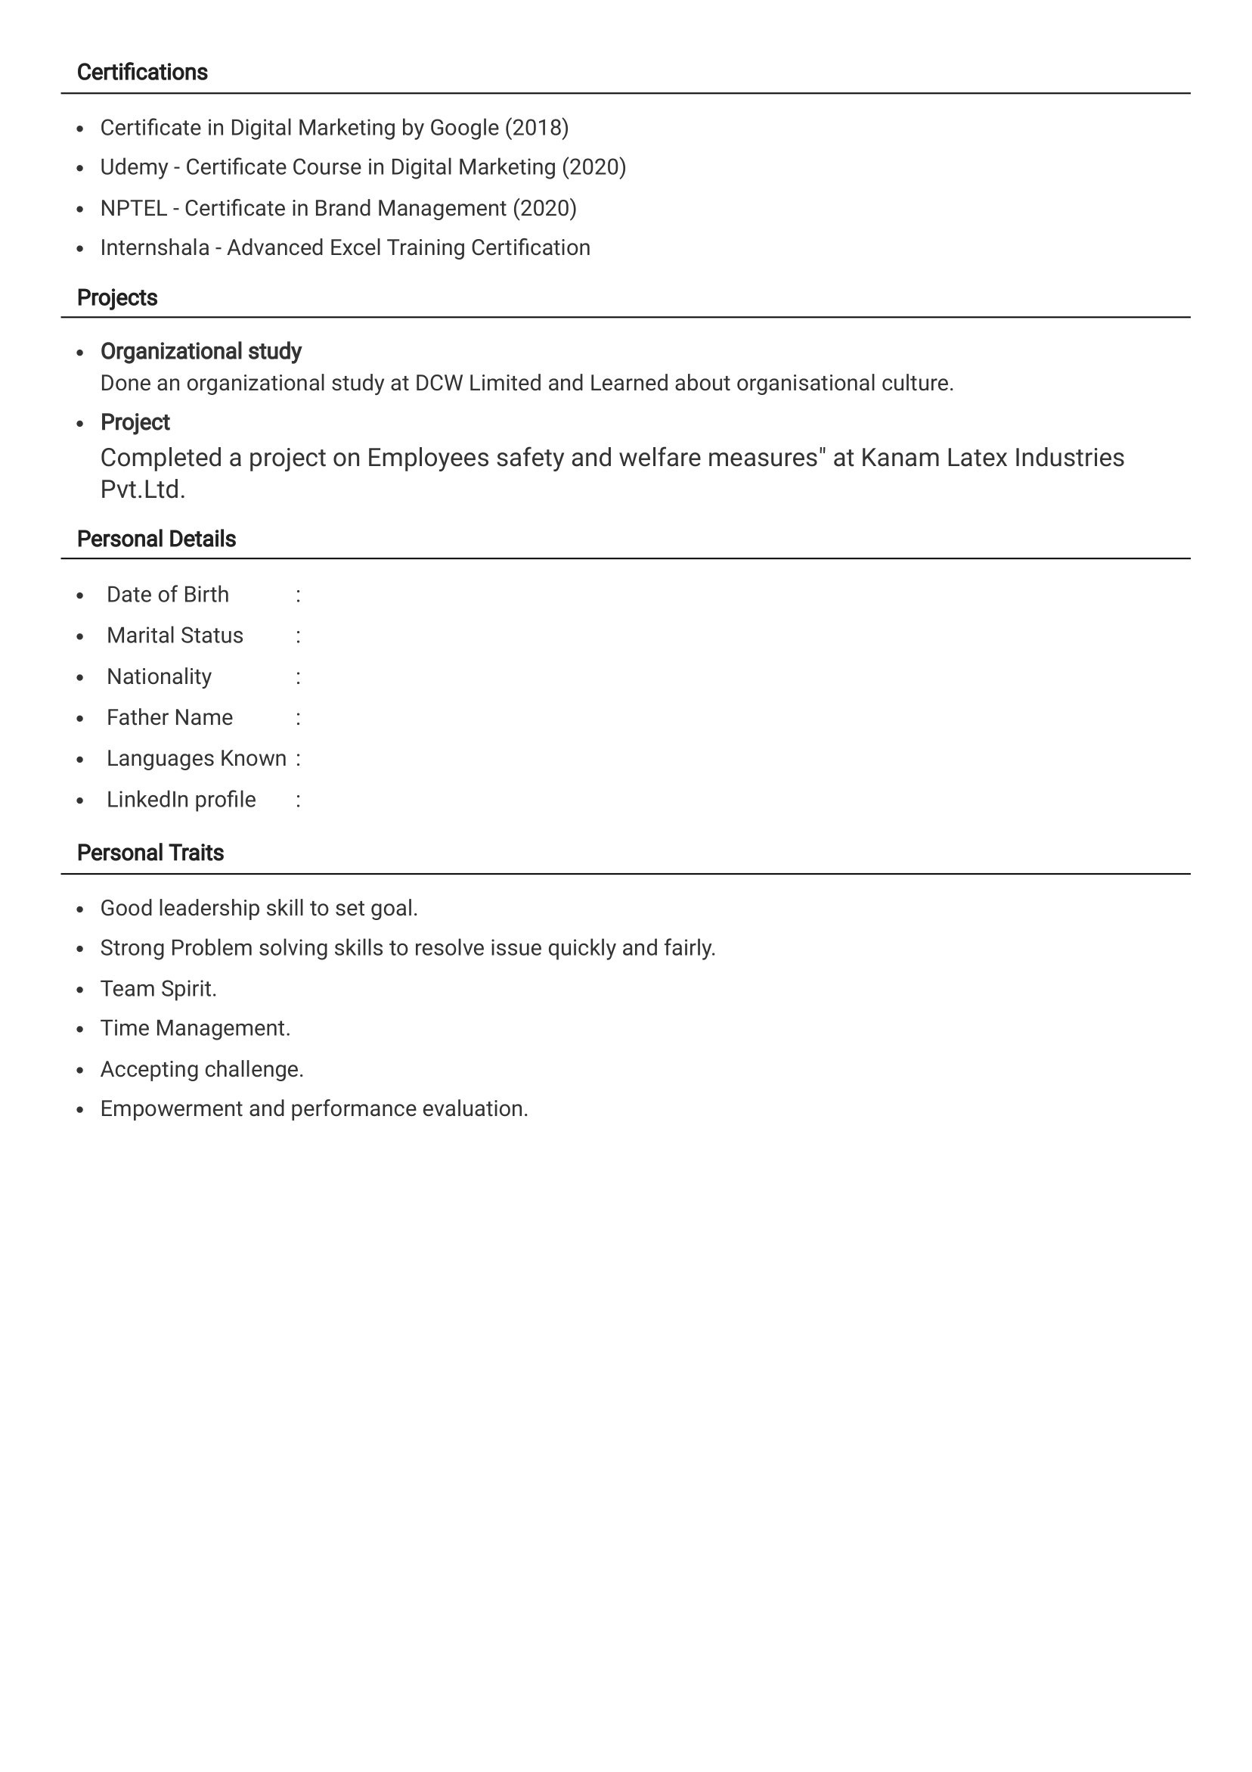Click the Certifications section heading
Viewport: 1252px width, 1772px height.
[x=142, y=73]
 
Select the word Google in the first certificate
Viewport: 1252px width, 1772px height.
[x=463, y=128]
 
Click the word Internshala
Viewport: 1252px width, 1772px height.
[x=154, y=247]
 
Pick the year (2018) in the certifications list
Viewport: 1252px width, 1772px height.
[x=536, y=128]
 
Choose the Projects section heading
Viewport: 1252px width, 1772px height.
[x=116, y=298]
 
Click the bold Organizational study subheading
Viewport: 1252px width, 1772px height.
[x=200, y=352]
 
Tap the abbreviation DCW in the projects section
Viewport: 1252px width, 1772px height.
[x=439, y=384]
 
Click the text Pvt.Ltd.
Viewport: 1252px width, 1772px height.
[x=143, y=490]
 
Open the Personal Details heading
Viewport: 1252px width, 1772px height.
[x=156, y=539]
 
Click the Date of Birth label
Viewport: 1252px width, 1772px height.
[x=167, y=595]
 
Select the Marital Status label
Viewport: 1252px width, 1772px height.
[x=175, y=636]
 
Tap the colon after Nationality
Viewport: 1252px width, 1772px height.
[x=298, y=678]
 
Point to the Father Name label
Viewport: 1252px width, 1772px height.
[x=169, y=718]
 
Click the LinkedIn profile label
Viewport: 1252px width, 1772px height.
[x=181, y=800]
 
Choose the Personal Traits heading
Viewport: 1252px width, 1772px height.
[x=150, y=853]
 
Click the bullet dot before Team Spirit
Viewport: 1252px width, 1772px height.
[x=80, y=990]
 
